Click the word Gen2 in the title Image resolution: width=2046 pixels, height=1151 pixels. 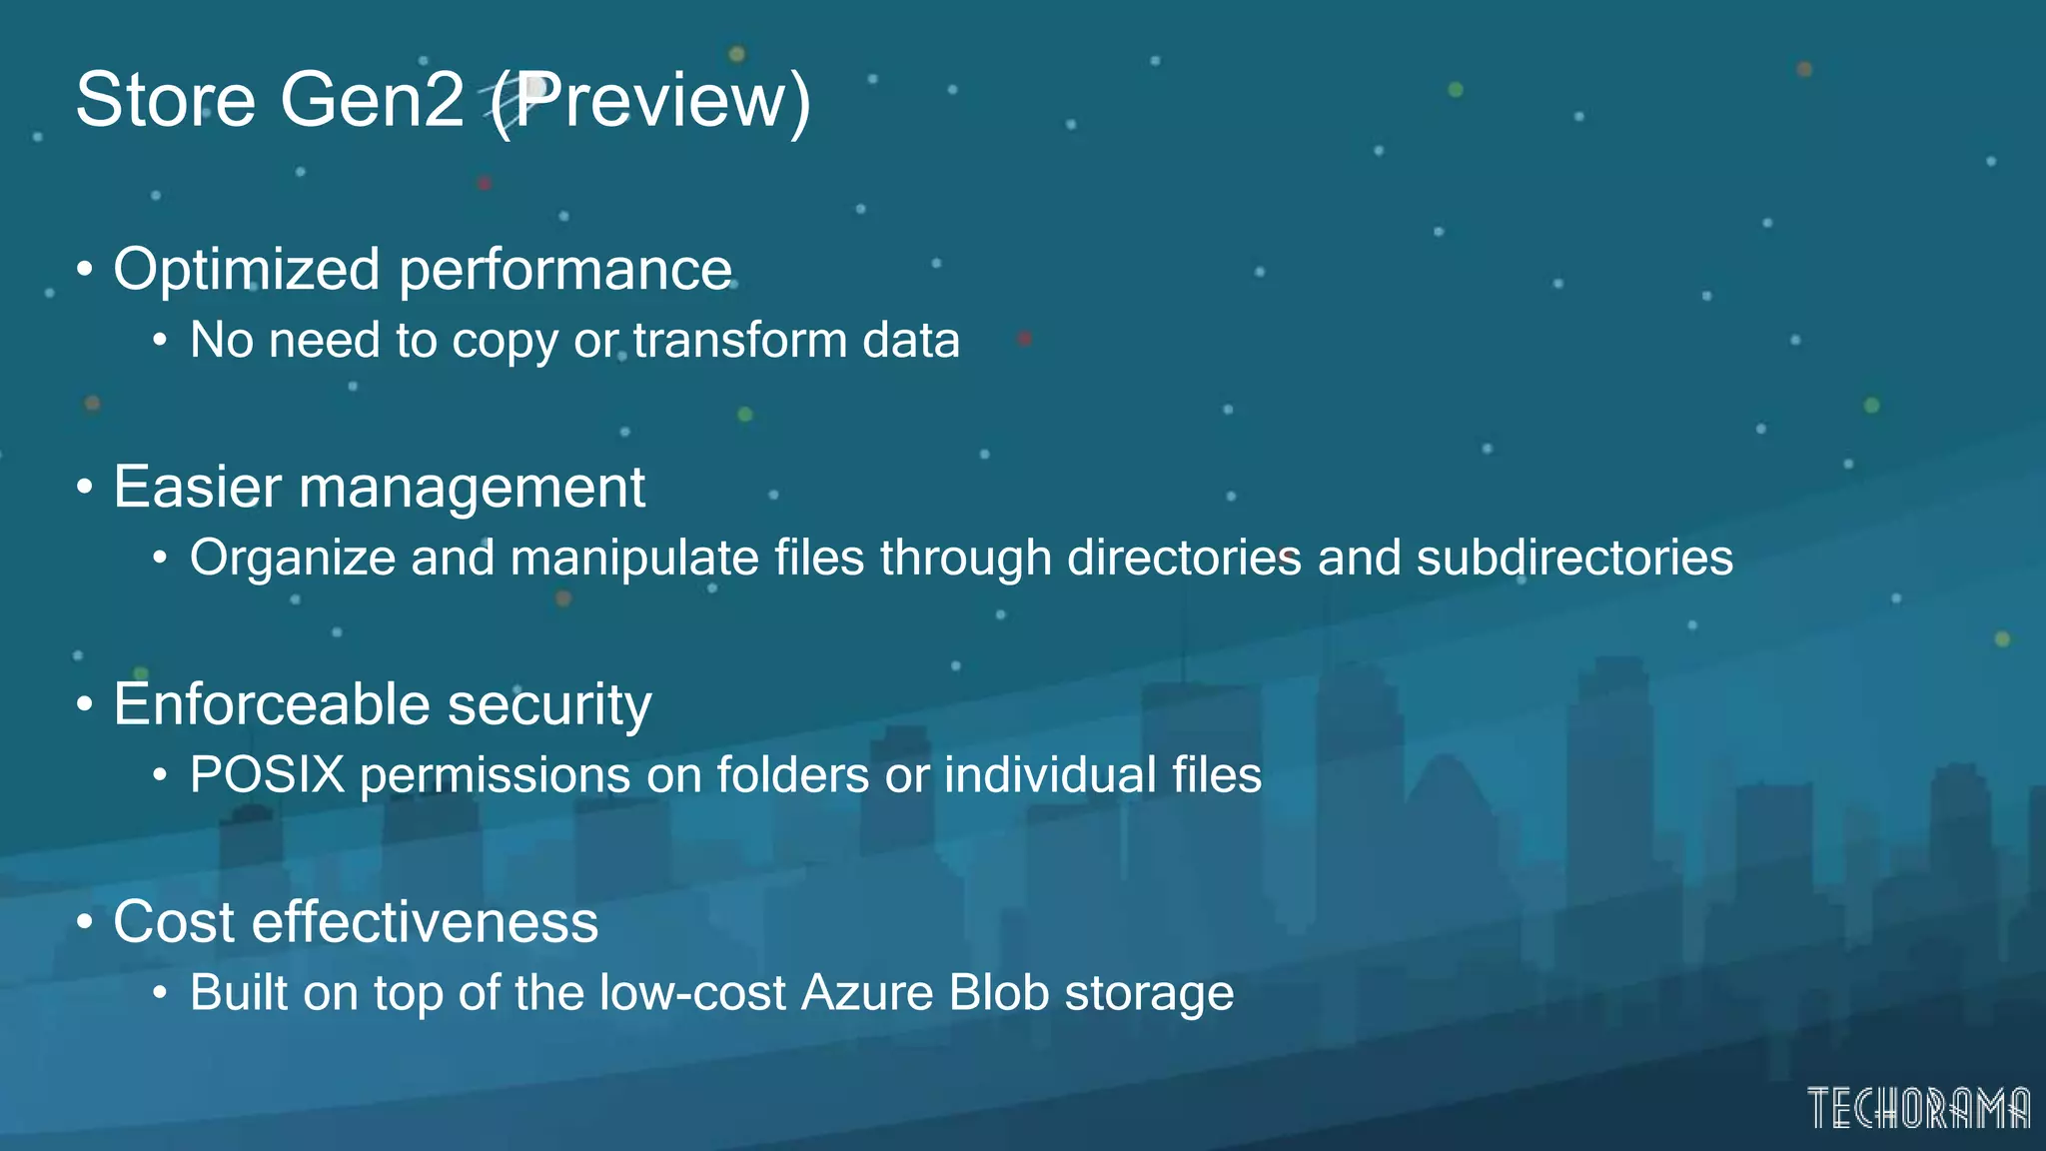(x=372, y=101)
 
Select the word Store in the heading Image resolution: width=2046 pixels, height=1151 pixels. (x=166, y=101)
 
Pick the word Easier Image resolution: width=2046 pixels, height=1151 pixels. (x=198, y=488)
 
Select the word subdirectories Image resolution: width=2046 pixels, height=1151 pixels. (x=1574, y=558)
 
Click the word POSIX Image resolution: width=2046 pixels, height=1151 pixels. (x=267, y=775)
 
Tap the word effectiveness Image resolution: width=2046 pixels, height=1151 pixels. (x=425, y=922)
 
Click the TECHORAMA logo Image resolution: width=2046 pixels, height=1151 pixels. (x=1918, y=1108)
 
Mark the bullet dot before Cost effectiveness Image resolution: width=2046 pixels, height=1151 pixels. (x=85, y=922)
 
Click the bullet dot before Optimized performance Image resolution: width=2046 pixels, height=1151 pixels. (x=85, y=270)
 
